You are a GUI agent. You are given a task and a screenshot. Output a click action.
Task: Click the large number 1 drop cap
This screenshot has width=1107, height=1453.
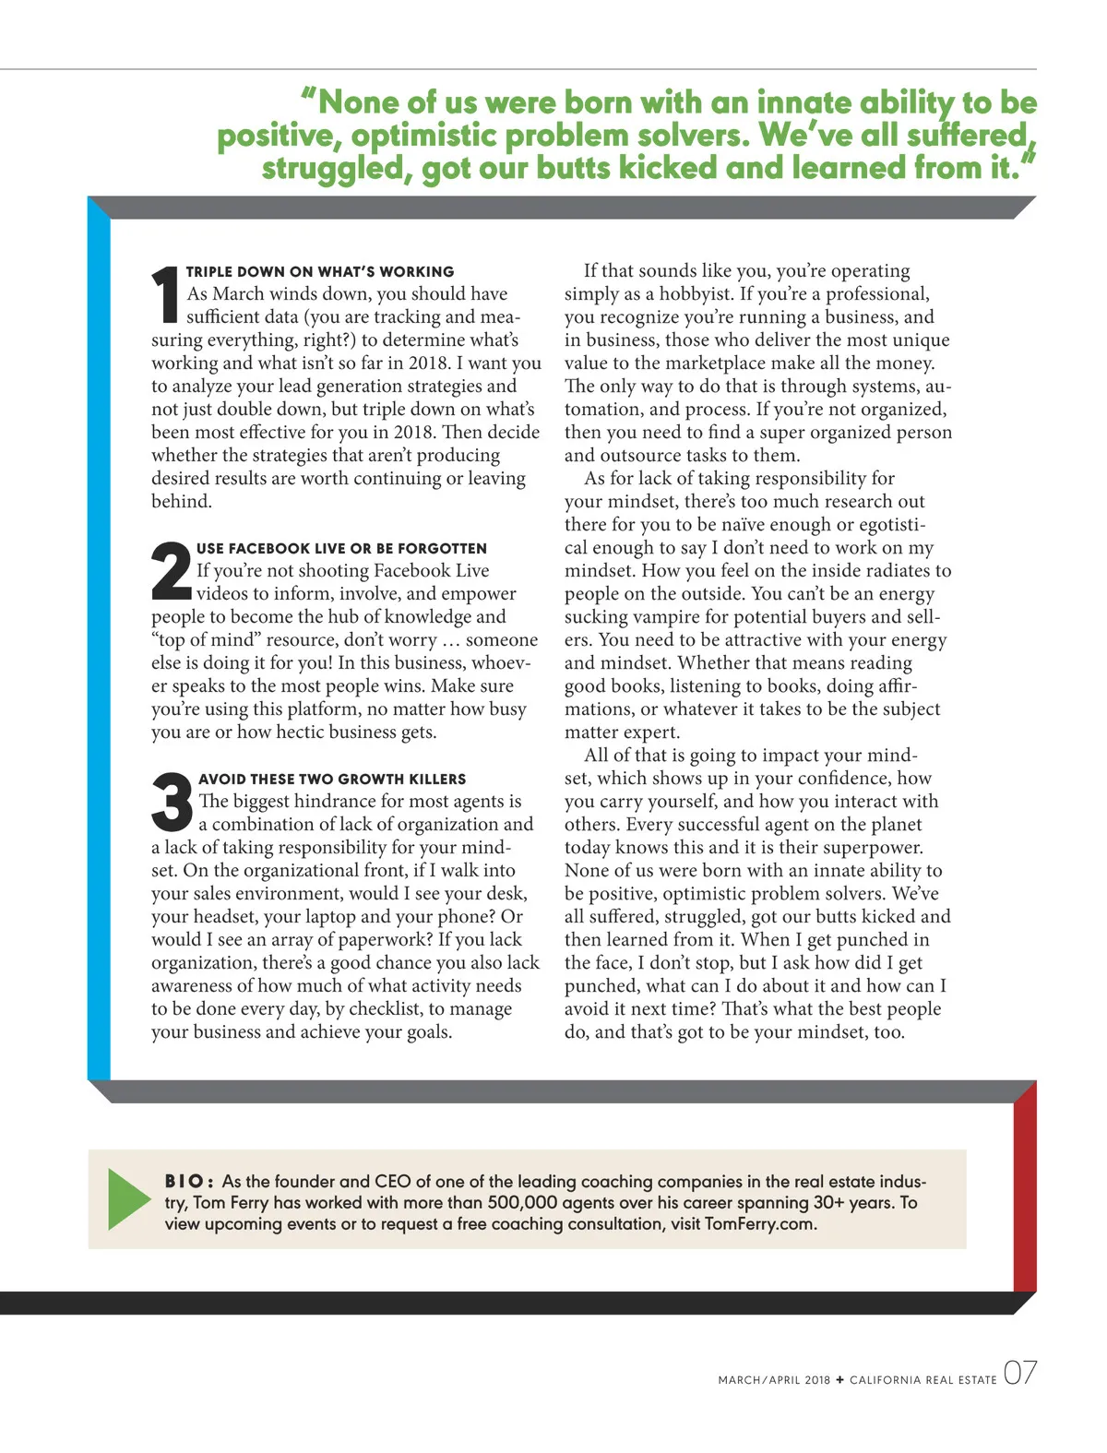[x=165, y=295]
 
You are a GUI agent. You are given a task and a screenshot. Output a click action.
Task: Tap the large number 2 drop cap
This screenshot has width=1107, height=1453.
[x=171, y=572]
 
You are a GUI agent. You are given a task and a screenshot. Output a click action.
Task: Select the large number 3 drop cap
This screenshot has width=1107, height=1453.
[x=173, y=803]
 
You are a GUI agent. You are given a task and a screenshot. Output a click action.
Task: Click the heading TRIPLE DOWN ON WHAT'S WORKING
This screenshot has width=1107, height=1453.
[x=320, y=272]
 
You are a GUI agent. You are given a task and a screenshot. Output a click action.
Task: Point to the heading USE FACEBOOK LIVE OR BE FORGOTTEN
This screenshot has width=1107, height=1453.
[x=341, y=549]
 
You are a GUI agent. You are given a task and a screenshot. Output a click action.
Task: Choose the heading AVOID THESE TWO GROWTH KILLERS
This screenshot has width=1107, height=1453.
[x=332, y=780]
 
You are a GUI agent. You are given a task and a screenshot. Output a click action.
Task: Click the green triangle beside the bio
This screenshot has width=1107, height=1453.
[x=127, y=1199]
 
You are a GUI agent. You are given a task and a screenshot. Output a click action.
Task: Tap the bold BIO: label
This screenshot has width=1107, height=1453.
[x=189, y=1182]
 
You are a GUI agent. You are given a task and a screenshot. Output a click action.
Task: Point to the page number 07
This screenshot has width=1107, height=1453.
[x=1019, y=1374]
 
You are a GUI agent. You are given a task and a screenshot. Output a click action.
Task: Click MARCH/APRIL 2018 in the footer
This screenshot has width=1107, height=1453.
[x=774, y=1380]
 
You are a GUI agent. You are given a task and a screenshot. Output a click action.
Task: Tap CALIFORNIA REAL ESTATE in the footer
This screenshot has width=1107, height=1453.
[x=922, y=1380]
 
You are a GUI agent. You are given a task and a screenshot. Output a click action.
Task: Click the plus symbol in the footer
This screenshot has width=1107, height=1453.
[x=839, y=1380]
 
